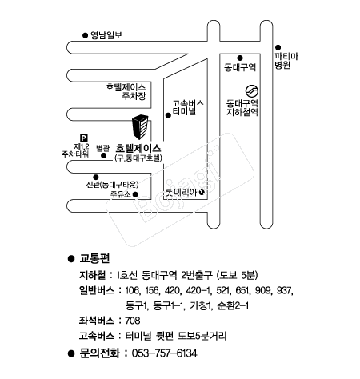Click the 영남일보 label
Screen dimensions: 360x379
tap(106, 35)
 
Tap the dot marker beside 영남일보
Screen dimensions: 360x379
tap(85, 35)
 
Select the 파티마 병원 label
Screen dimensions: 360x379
tap(286, 61)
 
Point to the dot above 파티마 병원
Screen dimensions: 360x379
tap(278, 47)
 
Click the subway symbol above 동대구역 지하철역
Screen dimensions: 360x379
tap(252, 91)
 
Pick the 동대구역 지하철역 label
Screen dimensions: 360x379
tap(242, 107)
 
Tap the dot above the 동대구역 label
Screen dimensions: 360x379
tap(240, 58)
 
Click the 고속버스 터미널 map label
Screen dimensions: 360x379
tap(188, 107)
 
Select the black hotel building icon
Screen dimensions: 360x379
tap(140, 127)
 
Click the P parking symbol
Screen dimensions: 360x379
tap(84, 138)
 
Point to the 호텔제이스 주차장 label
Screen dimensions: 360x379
tap(126, 91)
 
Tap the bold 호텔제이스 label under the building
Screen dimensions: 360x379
tap(138, 148)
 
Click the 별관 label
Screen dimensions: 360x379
tap(102, 148)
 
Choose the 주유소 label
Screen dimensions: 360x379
tap(121, 194)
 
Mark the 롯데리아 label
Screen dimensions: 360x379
tap(181, 192)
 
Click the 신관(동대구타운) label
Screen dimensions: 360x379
tap(112, 185)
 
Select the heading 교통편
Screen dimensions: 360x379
tap(94, 258)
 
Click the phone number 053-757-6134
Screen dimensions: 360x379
tap(165, 353)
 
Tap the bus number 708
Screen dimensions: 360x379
tap(133, 321)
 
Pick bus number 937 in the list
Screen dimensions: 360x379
tap(284, 290)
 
